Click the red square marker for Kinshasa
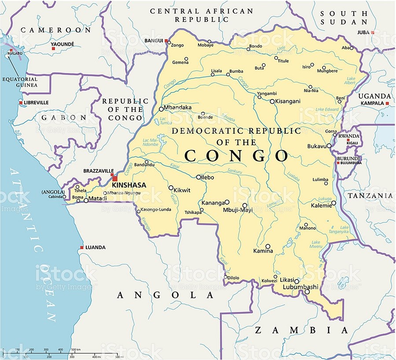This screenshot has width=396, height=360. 115,178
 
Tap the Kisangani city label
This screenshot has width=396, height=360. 288,101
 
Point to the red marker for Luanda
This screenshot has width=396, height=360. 81,247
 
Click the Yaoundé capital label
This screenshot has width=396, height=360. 62,44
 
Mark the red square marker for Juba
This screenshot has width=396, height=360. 373,33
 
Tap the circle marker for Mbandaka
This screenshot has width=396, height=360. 161,109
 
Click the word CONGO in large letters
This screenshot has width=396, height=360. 236,156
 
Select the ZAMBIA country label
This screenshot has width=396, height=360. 302,330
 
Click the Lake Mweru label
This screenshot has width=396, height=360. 316,245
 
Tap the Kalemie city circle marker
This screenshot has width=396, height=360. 334,203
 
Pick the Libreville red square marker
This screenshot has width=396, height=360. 20,103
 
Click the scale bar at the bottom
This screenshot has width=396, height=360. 62,352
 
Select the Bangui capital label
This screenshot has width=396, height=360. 154,41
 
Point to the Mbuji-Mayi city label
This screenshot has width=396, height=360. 238,210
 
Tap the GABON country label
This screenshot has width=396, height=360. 64,118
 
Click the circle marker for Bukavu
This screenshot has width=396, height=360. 329,146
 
